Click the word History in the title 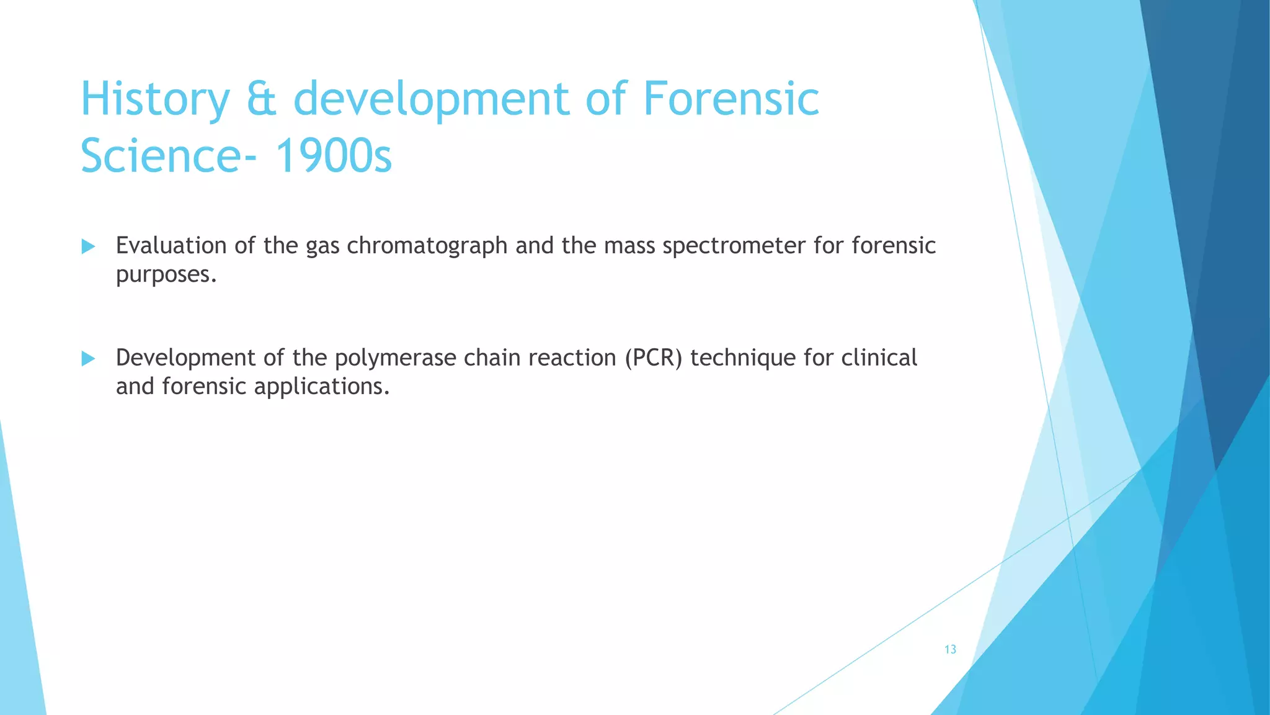coord(155,99)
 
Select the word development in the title coord(431,99)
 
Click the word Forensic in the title coord(731,99)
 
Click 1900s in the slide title coord(333,156)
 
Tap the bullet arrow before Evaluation coord(88,247)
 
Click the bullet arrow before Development coord(88,359)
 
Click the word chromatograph coord(427,246)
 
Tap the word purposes coord(166,274)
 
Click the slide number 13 coord(950,649)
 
